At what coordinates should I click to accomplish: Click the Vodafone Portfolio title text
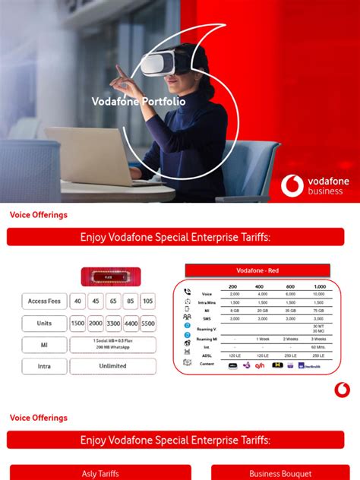click(138, 100)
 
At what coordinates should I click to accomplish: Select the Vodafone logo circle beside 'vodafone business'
click(292, 185)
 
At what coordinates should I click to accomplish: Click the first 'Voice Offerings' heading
click(39, 215)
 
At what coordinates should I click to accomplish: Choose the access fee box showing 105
click(147, 301)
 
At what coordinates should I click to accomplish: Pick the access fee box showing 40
click(77, 301)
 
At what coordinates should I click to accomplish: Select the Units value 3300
click(112, 323)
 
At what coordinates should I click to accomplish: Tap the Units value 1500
click(77, 323)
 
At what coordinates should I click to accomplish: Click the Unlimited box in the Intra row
click(112, 365)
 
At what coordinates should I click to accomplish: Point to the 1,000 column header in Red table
click(317, 286)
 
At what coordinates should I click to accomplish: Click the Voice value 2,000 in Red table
click(233, 293)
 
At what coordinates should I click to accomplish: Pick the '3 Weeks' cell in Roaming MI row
click(317, 339)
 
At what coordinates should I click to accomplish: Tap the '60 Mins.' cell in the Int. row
click(317, 346)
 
